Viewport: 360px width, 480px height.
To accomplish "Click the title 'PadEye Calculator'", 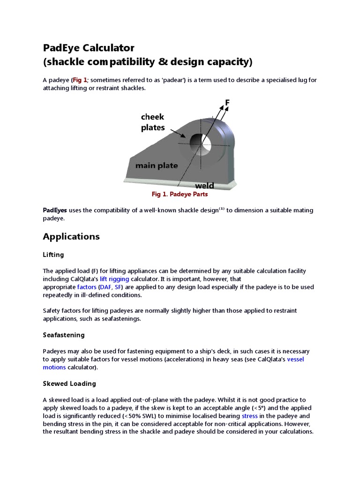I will pyautogui.click(x=89, y=48).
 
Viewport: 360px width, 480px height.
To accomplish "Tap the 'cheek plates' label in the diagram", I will pyautogui.click(x=153, y=122).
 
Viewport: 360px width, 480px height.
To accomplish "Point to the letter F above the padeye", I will pyautogui.click(x=227, y=102).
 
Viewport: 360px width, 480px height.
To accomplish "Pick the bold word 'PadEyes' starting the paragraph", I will pyautogui.click(x=55, y=210).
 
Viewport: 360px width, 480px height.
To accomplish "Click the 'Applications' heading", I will pyautogui.click(x=71, y=237).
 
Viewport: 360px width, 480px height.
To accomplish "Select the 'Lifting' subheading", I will pyautogui.click(x=53, y=255).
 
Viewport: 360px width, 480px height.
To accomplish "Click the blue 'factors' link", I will pyautogui.click(x=87, y=287).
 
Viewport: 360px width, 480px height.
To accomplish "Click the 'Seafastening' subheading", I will pyautogui.click(x=64, y=335).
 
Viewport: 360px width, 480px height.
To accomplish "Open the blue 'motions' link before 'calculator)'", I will pyautogui.click(x=54, y=367).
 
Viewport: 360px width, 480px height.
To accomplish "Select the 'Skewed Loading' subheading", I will pyautogui.click(x=69, y=383).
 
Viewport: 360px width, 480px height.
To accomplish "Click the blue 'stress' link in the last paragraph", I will pyautogui.click(x=249, y=416).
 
